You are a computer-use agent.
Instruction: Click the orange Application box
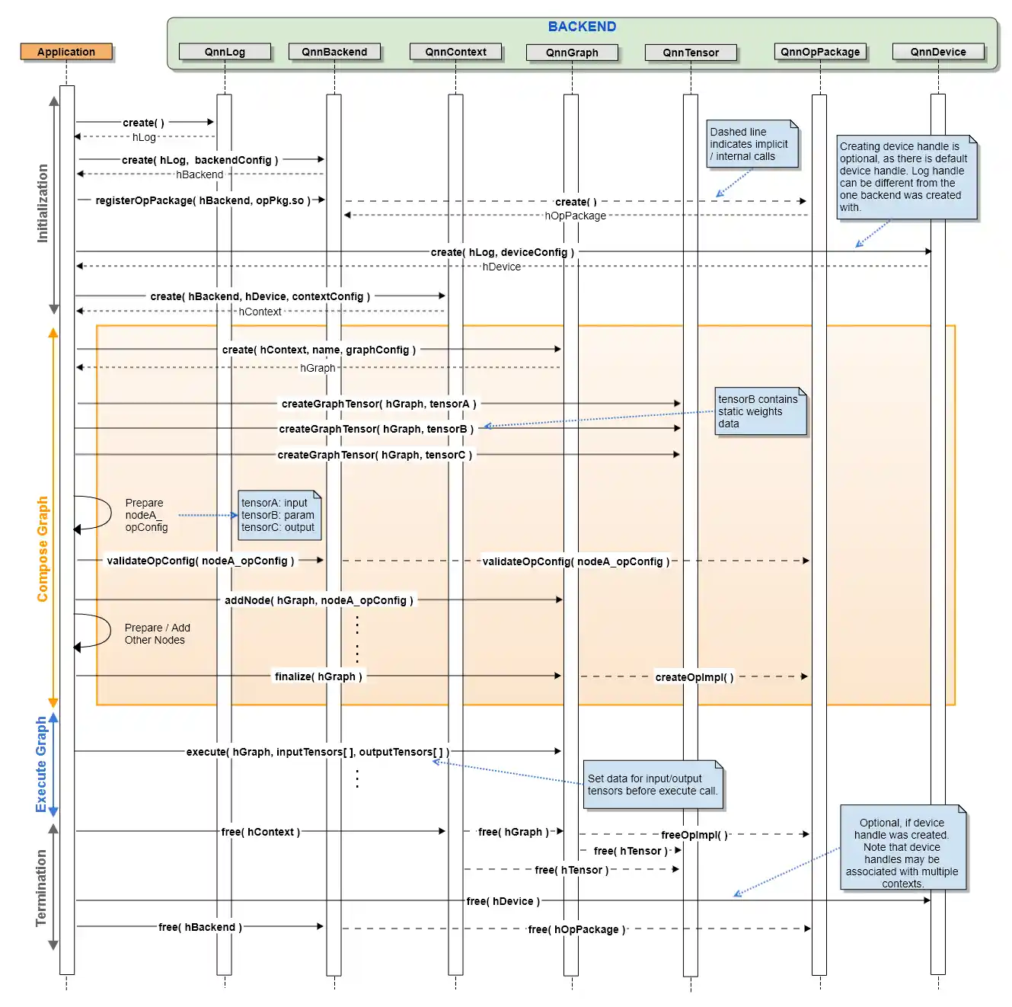[66, 52]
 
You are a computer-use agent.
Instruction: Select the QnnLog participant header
[225, 52]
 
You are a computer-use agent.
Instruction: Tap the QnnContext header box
[455, 52]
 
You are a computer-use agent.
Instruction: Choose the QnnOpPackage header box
[820, 52]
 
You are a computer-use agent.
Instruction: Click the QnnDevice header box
[938, 52]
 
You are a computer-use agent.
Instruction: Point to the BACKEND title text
[582, 26]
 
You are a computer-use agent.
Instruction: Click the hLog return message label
[144, 137]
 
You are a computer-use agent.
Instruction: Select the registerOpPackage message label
[203, 200]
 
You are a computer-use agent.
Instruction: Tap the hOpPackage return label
[575, 216]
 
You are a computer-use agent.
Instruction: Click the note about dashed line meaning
[752, 143]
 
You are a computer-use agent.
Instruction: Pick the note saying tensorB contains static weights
[760, 411]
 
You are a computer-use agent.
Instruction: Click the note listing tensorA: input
[279, 515]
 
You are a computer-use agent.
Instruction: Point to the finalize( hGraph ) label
[318, 676]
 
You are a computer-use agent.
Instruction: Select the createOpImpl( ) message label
[694, 677]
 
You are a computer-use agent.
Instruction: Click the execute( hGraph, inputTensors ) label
[318, 752]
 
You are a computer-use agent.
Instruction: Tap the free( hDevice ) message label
[503, 901]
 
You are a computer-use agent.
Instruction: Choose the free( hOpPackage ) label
[576, 929]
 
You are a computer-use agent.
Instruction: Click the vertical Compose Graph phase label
[42, 548]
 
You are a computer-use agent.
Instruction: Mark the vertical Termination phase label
[41, 887]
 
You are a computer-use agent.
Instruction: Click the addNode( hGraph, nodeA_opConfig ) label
[319, 600]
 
